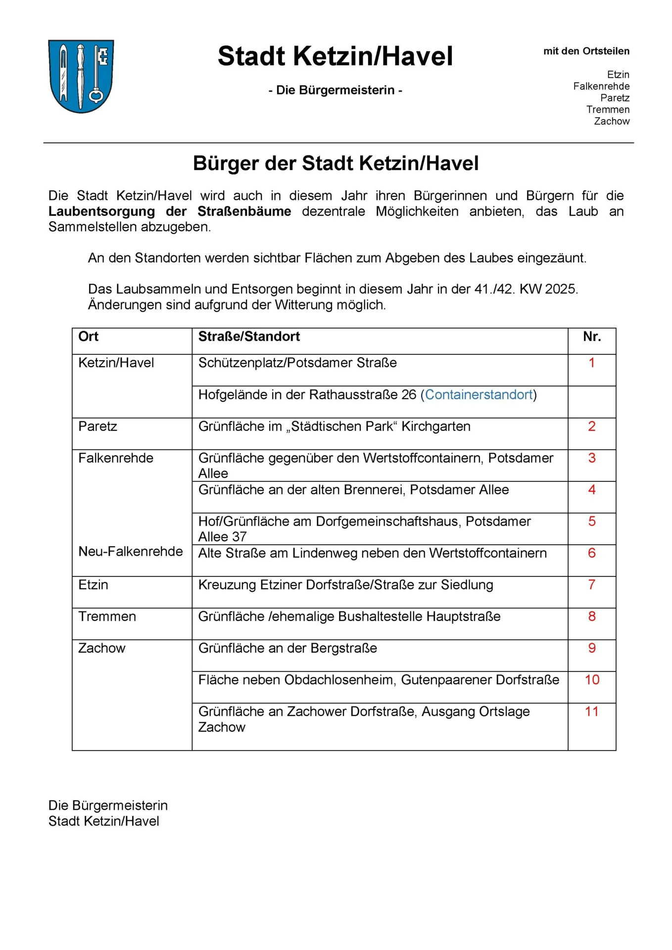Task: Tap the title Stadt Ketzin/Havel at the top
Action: (335, 56)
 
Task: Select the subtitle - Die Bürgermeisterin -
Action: (335, 90)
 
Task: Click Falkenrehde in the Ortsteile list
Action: (601, 86)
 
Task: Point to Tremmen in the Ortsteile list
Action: (608, 109)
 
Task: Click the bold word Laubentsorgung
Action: (101, 211)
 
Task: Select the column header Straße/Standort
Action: (249, 336)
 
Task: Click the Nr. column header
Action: (592, 336)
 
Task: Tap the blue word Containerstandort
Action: (479, 394)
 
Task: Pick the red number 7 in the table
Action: (592, 584)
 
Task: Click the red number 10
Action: (592, 679)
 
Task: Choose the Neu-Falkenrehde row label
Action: (131, 551)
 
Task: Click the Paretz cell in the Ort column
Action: (98, 426)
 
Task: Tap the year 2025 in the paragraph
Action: (561, 289)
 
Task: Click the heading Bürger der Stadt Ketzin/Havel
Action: (336, 163)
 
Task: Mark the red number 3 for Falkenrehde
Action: (592, 458)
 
